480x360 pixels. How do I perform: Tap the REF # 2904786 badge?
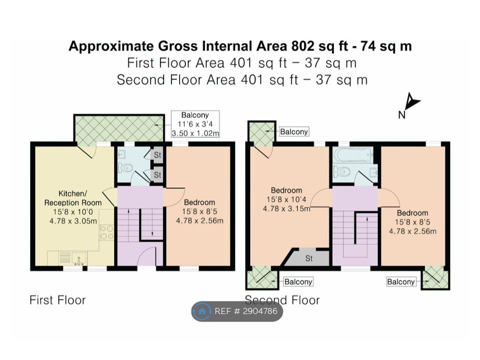[237, 311]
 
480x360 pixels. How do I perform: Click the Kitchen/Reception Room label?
[73, 198]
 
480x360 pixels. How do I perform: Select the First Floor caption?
[57, 300]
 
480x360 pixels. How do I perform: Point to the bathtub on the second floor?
[353, 155]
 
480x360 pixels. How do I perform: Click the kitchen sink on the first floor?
[79, 258]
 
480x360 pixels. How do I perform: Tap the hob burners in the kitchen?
[106, 232]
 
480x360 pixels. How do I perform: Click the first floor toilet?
[125, 168]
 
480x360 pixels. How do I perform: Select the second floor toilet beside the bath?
[341, 171]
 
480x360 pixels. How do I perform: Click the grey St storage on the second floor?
[308, 258]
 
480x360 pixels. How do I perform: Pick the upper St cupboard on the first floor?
[157, 155]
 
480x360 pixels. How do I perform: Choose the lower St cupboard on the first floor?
[157, 175]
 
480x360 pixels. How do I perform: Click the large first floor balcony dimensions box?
[195, 124]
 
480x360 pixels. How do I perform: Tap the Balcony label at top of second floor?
[294, 131]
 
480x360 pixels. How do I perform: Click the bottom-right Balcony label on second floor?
[400, 281]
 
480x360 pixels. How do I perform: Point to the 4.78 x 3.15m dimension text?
[286, 209]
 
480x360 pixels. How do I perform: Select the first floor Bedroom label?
[199, 202]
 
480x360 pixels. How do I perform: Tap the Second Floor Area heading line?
[242, 79]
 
